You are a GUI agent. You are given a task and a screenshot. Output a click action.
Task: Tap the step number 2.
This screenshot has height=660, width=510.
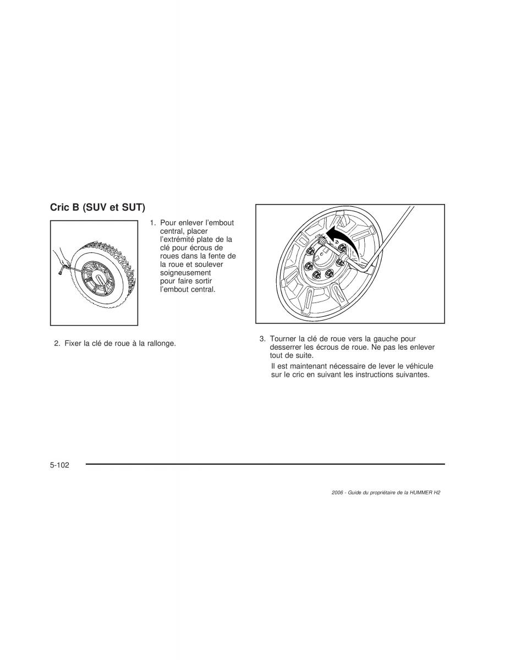[x=57, y=344]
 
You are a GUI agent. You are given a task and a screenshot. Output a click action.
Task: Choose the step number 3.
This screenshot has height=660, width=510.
[x=262, y=339]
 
